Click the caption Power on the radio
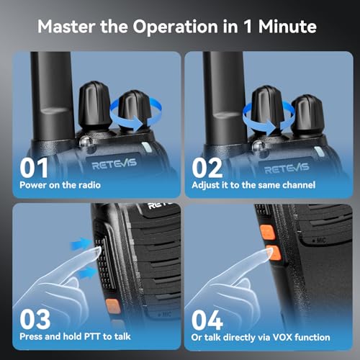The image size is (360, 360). click(x=61, y=186)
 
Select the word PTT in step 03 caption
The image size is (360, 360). click(x=86, y=336)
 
